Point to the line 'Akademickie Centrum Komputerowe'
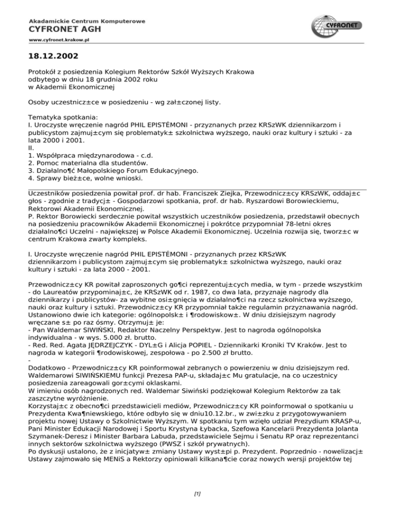tap(86, 21)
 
